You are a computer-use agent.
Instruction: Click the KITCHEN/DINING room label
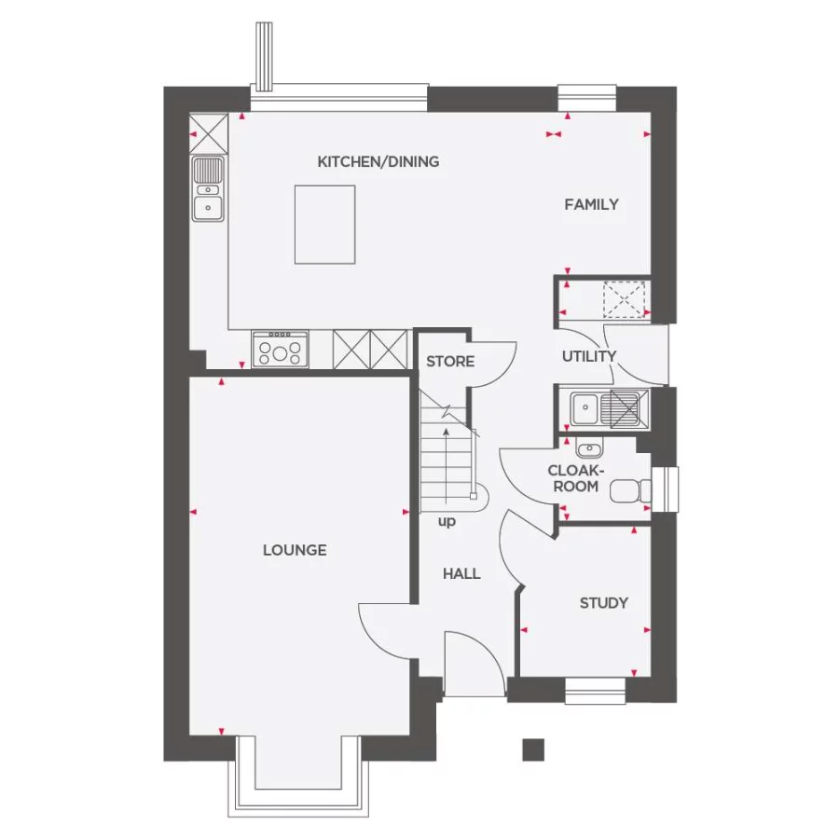click(x=378, y=161)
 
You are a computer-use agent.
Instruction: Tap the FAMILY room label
click(x=591, y=204)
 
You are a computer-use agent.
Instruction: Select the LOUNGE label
click(x=295, y=550)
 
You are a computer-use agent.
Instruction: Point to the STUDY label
click(x=603, y=603)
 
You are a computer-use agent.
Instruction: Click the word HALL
click(x=461, y=573)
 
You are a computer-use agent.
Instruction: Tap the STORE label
click(x=450, y=361)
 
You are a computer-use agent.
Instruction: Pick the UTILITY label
click(x=588, y=356)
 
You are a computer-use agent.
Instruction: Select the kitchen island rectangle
click(x=325, y=224)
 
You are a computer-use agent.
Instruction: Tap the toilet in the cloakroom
click(x=630, y=490)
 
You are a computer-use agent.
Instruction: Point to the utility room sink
click(x=585, y=407)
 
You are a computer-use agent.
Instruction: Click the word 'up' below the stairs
click(x=447, y=521)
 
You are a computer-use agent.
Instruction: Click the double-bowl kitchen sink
click(x=208, y=189)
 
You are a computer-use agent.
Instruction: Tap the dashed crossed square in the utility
click(x=625, y=300)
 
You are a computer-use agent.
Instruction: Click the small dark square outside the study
click(x=532, y=749)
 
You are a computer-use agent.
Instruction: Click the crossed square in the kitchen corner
click(x=208, y=132)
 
